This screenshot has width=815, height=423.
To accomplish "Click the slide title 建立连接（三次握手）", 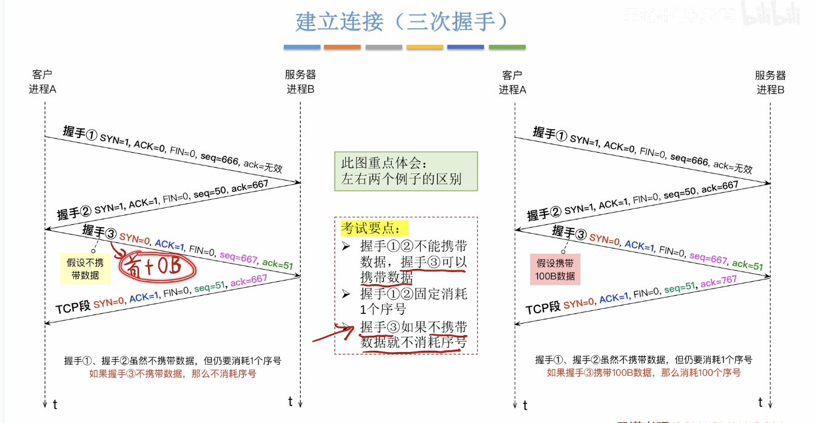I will click(x=401, y=22).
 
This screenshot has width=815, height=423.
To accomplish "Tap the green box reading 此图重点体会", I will click(x=406, y=171).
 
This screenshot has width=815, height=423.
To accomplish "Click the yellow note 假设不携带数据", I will click(x=85, y=268).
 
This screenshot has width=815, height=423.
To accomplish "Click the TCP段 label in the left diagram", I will click(x=73, y=307).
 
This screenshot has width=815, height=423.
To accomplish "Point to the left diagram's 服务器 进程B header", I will click(x=300, y=82).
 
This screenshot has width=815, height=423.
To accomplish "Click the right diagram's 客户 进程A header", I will click(x=512, y=82).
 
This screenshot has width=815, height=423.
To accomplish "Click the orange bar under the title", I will click(x=342, y=47).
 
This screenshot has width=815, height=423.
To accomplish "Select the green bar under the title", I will click(x=507, y=47).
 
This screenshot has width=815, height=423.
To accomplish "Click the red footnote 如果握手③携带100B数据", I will click(x=643, y=373).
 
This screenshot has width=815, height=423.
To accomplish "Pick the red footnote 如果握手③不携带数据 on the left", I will click(x=173, y=373).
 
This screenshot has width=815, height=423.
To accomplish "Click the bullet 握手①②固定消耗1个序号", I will click(x=412, y=301).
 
